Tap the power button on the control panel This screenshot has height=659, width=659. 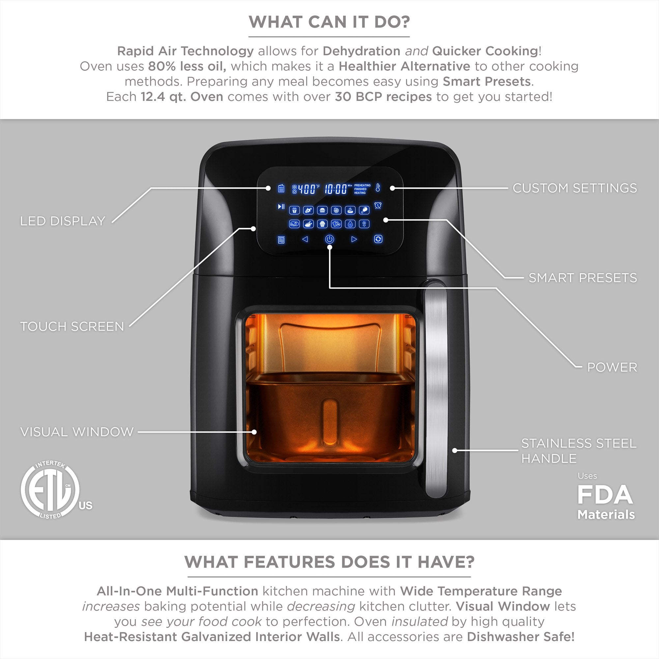point(329,239)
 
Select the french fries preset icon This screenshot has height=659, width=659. point(294,210)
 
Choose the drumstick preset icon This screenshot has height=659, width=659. point(364,210)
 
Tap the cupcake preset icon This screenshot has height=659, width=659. point(322,224)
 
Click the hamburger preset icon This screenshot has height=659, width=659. point(322,210)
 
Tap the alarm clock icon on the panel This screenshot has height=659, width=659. point(378,206)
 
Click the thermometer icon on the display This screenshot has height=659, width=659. point(378,187)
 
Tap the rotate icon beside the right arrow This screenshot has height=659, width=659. point(378,239)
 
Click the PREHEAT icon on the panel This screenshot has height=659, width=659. point(281,240)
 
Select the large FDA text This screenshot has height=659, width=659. point(605,495)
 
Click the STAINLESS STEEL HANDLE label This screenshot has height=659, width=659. point(579,450)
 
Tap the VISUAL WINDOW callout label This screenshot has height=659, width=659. point(77,432)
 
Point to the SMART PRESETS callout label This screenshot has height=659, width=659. point(583,278)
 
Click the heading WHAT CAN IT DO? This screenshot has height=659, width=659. point(329,22)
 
